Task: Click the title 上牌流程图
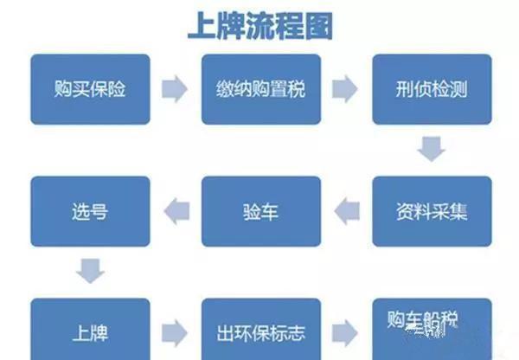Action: [259, 25]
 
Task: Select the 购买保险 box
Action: [90, 88]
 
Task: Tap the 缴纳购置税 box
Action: [260, 88]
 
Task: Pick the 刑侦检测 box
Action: [431, 88]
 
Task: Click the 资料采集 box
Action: [431, 211]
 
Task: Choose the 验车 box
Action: [260, 211]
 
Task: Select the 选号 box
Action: [90, 211]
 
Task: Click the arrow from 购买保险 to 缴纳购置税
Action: [175, 89]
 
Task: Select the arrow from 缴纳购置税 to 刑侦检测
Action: [345, 89]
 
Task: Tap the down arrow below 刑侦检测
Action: [431, 150]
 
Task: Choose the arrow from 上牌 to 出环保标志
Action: [175, 331]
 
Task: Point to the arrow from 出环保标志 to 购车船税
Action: [345, 331]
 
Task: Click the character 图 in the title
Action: [317, 25]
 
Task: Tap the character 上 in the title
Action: [202, 25]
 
